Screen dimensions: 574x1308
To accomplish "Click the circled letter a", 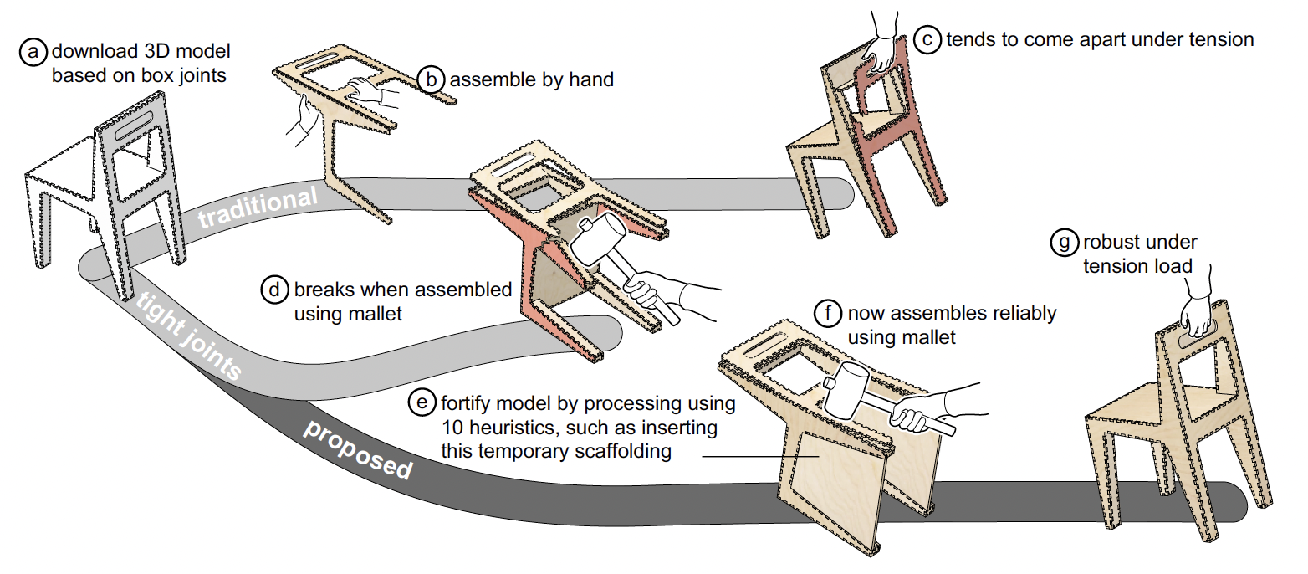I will pos(33,53).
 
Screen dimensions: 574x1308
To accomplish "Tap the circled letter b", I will pos(431,79).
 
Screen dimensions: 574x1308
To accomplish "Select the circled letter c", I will pos(927,39).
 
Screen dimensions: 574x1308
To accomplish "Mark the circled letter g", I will pos(1063,243).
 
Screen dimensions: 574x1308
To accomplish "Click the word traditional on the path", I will pos(258,206).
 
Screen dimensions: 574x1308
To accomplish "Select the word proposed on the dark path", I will pos(358,448).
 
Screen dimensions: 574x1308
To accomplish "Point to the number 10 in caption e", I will pos(454,428).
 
